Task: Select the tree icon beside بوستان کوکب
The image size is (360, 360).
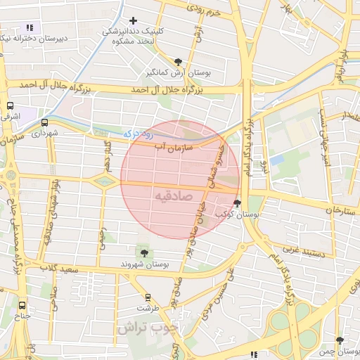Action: tap(237, 202)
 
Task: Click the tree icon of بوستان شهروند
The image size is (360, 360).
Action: tap(144, 252)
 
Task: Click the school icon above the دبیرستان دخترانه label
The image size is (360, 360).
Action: tap(30, 27)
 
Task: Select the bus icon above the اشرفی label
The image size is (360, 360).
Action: tap(10, 105)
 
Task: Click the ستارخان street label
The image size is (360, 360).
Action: tap(333, 210)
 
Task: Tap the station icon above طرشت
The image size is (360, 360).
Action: tap(148, 297)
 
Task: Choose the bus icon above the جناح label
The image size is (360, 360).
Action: tap(22, 306)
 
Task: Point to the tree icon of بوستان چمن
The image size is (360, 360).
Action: tap(340, 340)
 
